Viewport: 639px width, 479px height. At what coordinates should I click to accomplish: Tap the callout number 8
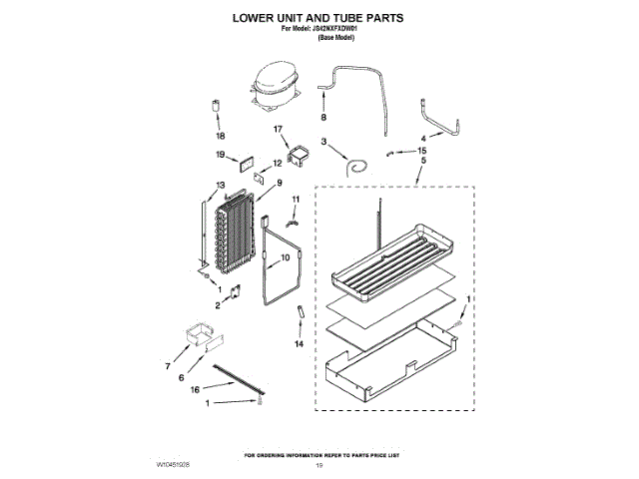(x=323, y=117)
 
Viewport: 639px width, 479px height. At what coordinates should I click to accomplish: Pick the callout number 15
(x=421, y=150)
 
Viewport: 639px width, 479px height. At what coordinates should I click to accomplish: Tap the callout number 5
(x=423, y=161)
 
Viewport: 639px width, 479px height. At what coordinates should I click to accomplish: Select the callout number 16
(x=196, y=389)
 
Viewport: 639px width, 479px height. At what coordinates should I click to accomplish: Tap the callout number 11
(x=296, y=200)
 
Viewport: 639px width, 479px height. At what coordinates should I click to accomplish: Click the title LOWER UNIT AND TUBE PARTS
(x=319, y=18)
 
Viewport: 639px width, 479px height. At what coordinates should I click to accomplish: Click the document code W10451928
(x=173, y=466)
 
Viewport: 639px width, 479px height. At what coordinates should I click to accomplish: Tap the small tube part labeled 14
(x=299, y=317)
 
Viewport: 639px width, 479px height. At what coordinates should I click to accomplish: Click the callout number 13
(x=220, y=185)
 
